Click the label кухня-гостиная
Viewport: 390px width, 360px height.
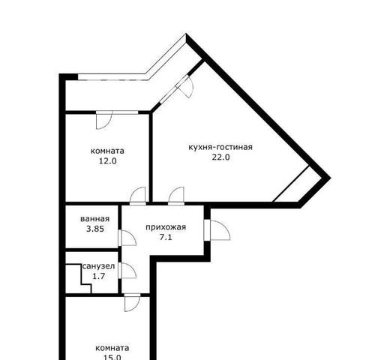[220, 147]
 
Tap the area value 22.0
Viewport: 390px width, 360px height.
[220, 157]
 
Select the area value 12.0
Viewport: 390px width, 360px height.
[108, 161]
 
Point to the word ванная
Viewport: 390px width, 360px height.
[94, 219]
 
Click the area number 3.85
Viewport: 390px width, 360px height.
[95, 229]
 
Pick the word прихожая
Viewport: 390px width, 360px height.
[166, 227]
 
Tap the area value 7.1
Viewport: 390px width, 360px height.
[166, 237]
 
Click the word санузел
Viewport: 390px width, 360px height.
[98, 266]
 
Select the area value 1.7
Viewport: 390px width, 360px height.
[98, 276]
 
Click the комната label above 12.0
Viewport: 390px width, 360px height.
[107, 151]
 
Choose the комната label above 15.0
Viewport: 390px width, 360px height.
[112, 348]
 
